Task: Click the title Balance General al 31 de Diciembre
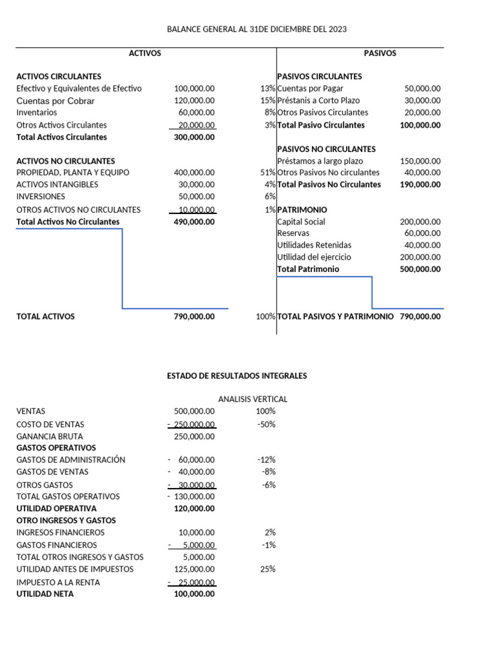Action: tap(257, 29)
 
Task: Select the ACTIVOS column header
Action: tap(145, 53)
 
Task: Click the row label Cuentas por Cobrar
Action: tap(55, 101)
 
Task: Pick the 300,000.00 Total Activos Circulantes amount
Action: tap(195, 137)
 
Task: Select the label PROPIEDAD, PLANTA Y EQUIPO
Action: tap(73, 173)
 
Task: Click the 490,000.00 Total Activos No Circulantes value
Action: tap(195, 222)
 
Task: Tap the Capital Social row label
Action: tap(301, 222)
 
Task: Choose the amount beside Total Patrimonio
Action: tap(420, 269)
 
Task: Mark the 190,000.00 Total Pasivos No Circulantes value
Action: tap(420, 184)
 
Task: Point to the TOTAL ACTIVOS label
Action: tap(45, 316)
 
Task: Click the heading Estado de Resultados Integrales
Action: tap(237, 375)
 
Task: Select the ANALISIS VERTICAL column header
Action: tap(253, 399)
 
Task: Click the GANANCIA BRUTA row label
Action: tap(50, 436)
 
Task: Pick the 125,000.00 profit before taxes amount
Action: tap(195, 569)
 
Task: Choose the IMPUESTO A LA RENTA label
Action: tap(58, 582)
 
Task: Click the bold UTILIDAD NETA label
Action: tap(45, 594)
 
